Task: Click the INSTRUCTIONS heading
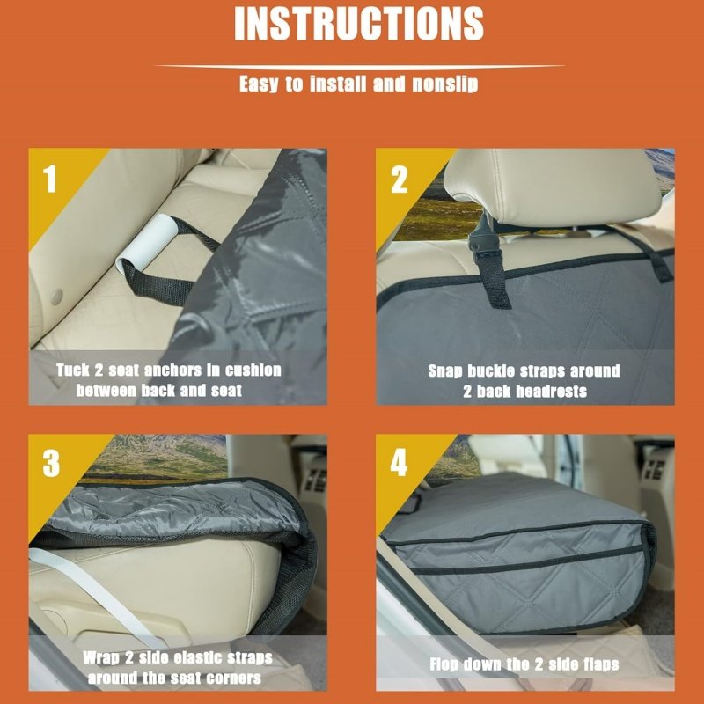pos(359,24)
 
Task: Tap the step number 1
pos(49,179)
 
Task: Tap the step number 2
pos(399,180)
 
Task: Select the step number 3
pos(51,464)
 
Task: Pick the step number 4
pos(399,463)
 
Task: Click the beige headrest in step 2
pos(553,187)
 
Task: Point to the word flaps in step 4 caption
pos(600,664)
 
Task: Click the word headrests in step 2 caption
pos(552,392)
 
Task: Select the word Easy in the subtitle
pos(258,84)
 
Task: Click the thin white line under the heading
pos(359,67)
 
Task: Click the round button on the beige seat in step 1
pos(56,297)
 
